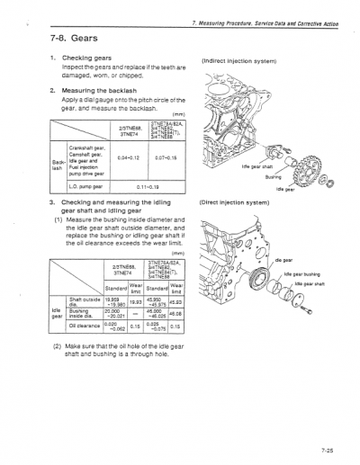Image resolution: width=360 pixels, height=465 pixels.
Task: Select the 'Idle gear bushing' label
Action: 309,273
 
